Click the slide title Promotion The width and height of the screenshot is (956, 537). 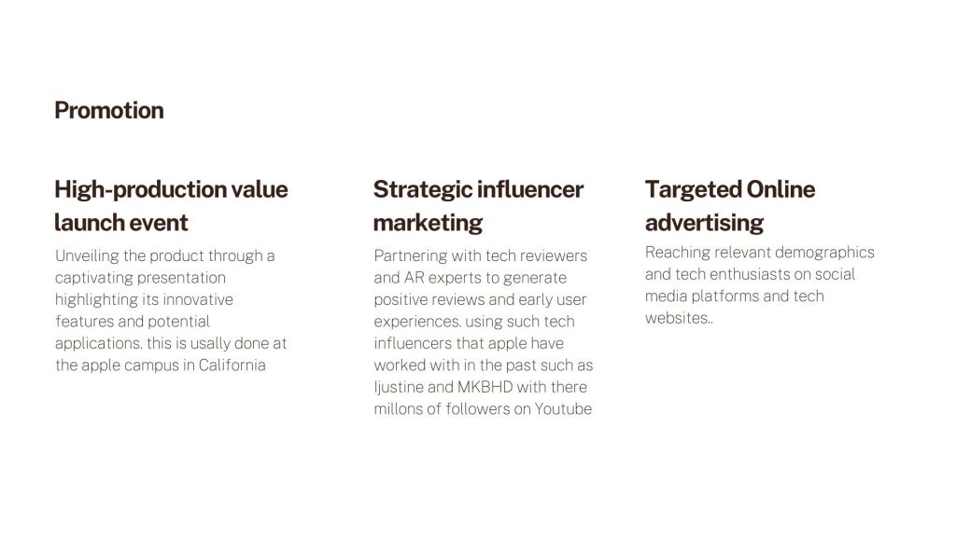tap(109, 110)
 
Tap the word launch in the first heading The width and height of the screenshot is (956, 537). tap(87, 223)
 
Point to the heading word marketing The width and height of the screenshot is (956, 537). tap(428, 224)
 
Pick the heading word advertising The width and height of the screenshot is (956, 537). tap(704, 224)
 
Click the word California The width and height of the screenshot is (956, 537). tap(232, 365)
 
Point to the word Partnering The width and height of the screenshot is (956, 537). tap(411, 255)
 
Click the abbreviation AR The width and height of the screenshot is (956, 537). tap(414, 278)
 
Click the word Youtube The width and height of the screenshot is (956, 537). tap(563, 409)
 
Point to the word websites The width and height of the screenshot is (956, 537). tap(677, 318)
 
